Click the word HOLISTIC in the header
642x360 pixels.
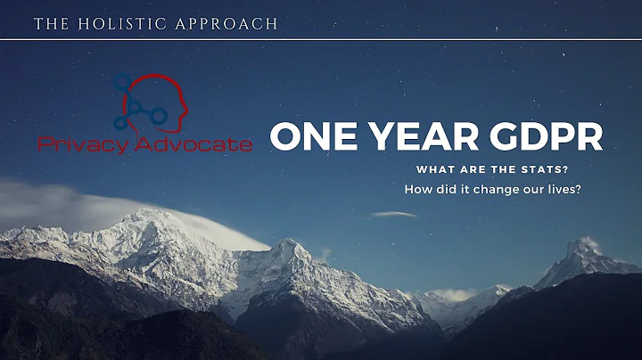tap(113, 23)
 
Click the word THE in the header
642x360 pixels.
tap(49, 23)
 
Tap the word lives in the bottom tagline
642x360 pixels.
tap(558, 189)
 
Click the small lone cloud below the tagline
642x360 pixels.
tap(393, 215)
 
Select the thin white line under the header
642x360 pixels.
tap(321, 38)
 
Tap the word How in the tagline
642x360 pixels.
tap(417, 189)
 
